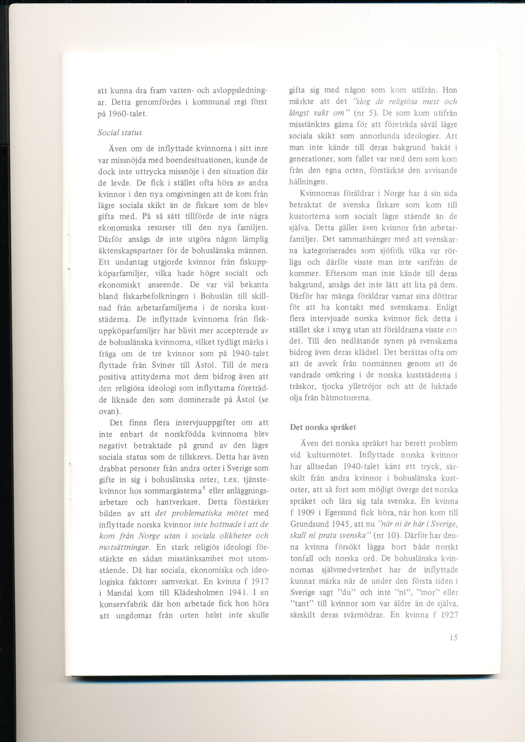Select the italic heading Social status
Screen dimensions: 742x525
coord(120,132)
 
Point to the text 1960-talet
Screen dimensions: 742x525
coord(129,114)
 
